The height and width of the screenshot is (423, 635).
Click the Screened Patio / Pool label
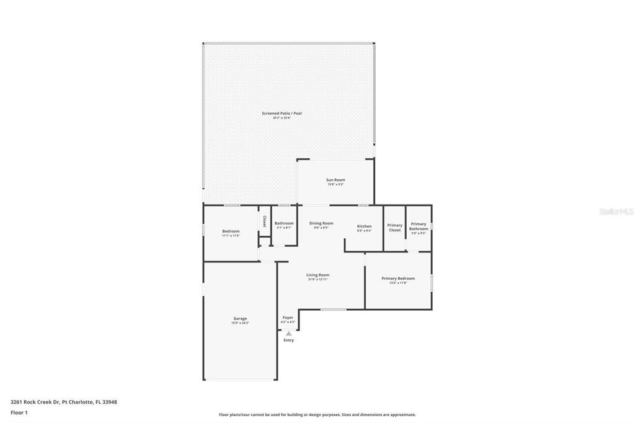point(281,114)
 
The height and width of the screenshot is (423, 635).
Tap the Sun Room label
point(335,180)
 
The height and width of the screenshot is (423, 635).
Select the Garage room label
point(240,318)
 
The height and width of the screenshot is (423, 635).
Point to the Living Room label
point(317,275)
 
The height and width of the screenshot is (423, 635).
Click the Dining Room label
point(321,223)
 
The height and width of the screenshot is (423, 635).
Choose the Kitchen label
point(364,226)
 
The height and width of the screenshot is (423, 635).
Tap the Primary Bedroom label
point(397,278)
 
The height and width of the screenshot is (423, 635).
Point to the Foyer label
point(288,318)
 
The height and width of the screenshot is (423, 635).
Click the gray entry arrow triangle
point(288,333)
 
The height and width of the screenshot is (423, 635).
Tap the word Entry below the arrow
point(289,340)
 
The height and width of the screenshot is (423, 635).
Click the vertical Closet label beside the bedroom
point(264,221)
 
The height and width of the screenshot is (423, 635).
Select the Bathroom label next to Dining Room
point(284,223)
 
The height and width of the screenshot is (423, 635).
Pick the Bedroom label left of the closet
point(231,231)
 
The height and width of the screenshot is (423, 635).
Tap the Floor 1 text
point(19,412)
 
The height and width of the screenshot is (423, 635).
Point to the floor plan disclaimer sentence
point(317,415)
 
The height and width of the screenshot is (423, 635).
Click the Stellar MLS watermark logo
point(616,211)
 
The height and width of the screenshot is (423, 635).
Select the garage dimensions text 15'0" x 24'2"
point(240,323)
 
